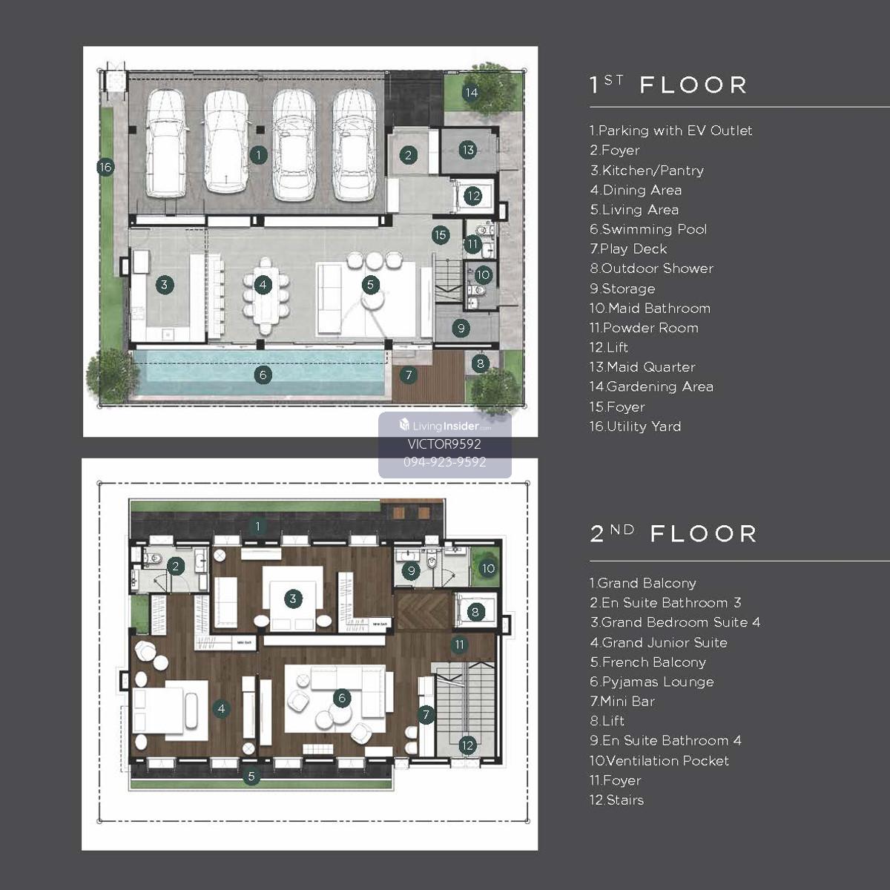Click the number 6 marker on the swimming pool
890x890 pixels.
(x=263, y=375)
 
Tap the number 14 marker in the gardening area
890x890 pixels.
(x=471, y=93)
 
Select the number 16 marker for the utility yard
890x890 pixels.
(x=106, y=167)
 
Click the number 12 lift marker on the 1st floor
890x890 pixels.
(x=473, y=197)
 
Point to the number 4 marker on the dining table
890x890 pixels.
(x=263, y=285)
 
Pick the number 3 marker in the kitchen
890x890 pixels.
(x=165, y=285)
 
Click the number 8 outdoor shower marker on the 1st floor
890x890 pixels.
(x=481, y=363)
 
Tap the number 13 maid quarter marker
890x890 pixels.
(x=468, y=150)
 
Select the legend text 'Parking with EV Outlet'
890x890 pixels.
(x=675, y=131)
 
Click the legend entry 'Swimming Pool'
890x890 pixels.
(x=654, y=229)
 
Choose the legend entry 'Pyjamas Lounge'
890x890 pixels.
(x=658, y=682)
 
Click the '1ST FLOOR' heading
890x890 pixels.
(x=668, y=85)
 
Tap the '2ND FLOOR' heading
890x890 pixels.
(x=673, y=534)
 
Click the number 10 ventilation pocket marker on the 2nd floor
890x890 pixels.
(x=488, y=568)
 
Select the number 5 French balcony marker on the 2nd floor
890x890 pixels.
(x=251, y=776)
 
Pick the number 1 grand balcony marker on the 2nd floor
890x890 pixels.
(x=257, y=526)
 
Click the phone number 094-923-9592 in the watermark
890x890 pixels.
(x=445, y=462)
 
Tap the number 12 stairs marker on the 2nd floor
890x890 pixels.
(x=467, y=745)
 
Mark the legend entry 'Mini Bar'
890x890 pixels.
(x=627, y=702)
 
